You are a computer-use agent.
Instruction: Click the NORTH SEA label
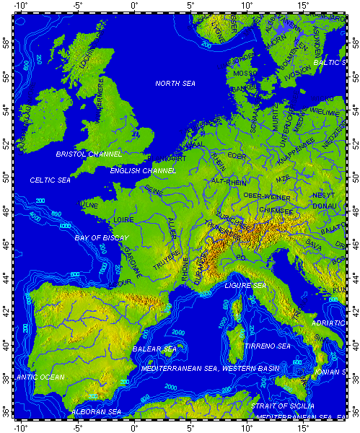coord(175,84)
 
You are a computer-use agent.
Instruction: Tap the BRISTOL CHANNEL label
coord(89,154)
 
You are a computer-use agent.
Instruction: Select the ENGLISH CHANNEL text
coord(143,171)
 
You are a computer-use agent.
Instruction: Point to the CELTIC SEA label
coord(51,180)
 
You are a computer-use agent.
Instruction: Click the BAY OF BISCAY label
coord(102,237)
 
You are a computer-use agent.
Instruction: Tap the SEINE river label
coord(154,190)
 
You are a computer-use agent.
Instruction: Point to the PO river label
coord(242,258)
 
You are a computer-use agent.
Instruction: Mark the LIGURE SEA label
coord(245,286)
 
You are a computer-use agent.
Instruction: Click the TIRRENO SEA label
coord(267,346)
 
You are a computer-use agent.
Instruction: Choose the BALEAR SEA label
coord(154,349)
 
